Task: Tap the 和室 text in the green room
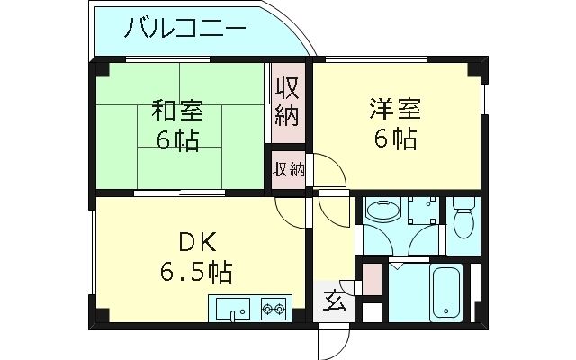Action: (176, 112)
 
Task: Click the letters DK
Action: (196, 241)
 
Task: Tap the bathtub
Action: (445, 292)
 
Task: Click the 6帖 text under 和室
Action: (176, 140)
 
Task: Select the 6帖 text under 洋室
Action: (394, 140)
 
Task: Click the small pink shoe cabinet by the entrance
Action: (368, 279)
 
